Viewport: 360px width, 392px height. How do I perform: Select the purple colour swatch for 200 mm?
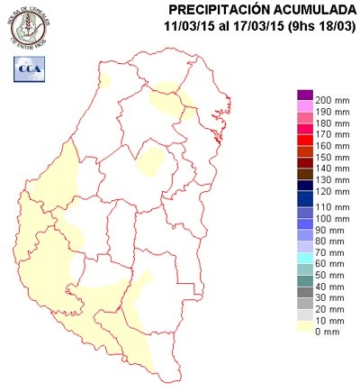pyautogui.click(x=304, y=96)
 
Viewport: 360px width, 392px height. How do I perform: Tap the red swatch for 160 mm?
pyautogui.click(x=304, y=145)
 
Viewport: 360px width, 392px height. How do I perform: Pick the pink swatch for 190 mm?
pyautogui.click(x=304, y=107)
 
